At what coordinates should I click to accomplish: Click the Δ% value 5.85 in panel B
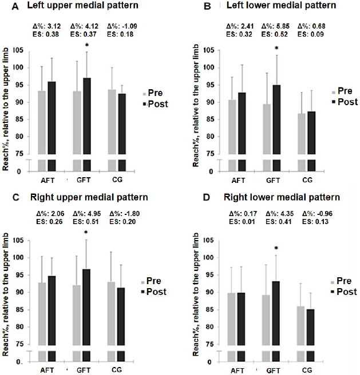(275, 25)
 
